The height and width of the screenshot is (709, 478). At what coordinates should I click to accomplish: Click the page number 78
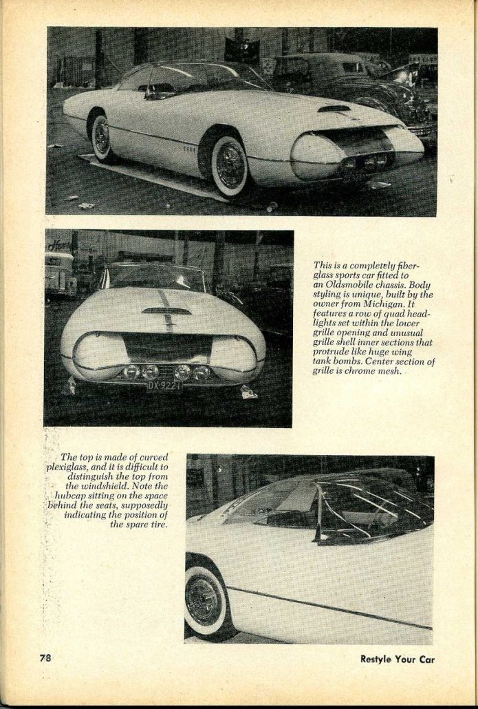(45, 657)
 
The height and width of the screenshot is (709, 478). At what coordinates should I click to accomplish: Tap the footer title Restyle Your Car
(398, 659)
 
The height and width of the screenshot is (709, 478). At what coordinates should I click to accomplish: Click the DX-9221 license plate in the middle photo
(164, 385)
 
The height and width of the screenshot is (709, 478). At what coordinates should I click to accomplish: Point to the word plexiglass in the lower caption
(75, 466)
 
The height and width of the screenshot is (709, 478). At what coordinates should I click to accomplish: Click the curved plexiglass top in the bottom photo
(358, 506)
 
